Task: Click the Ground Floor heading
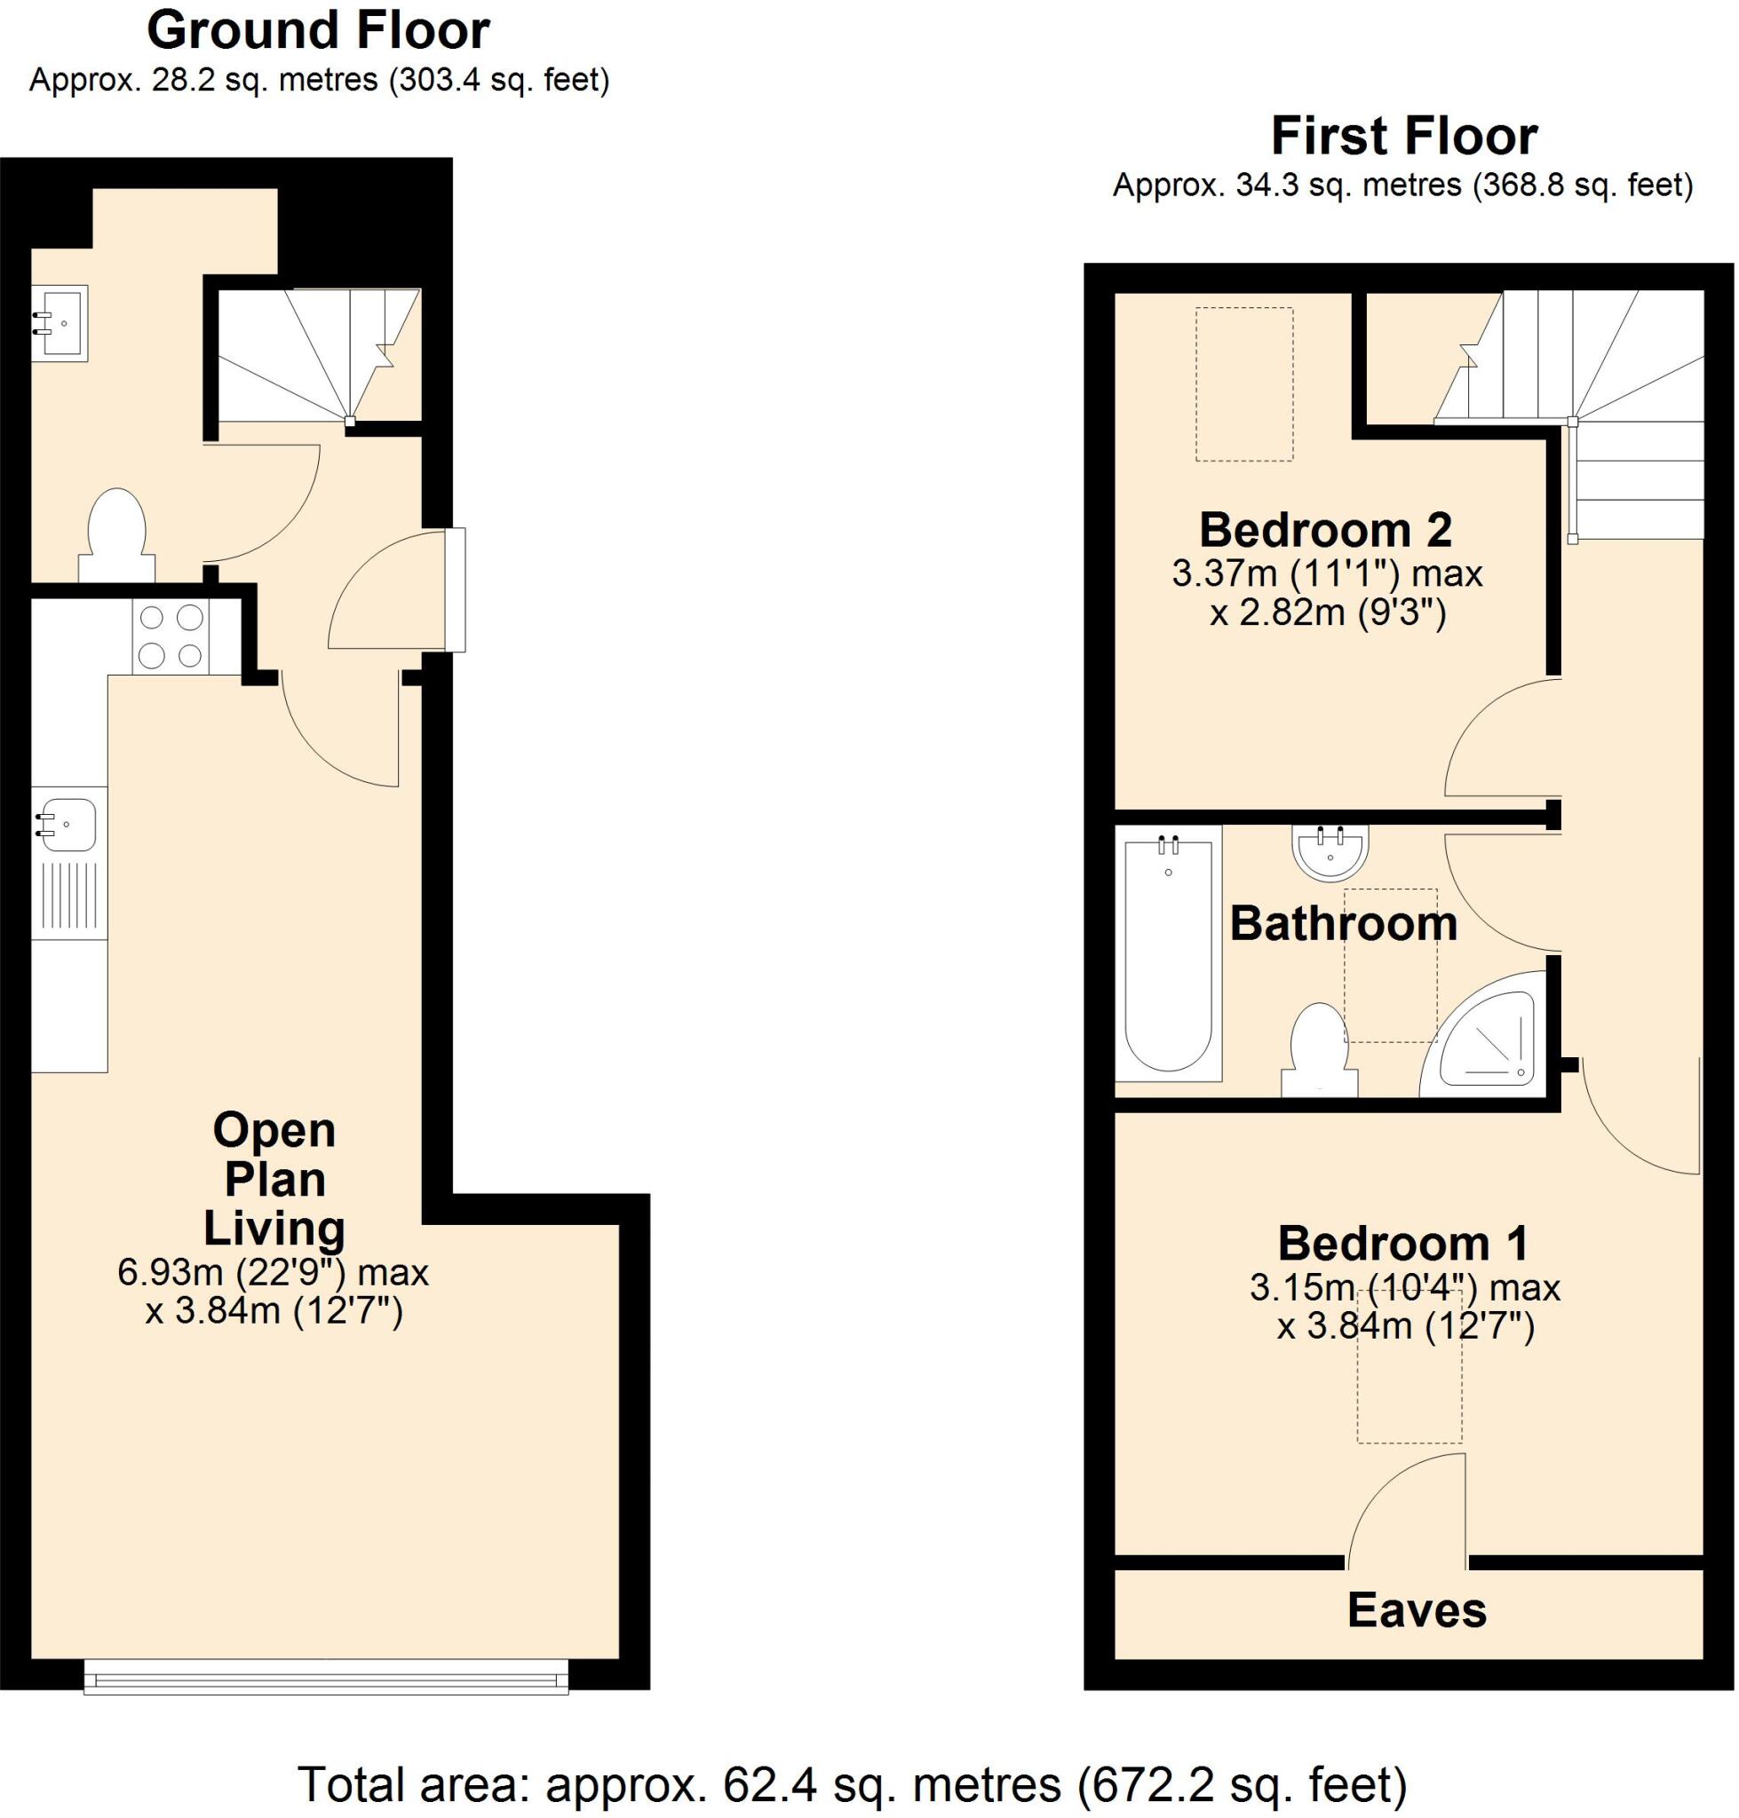tap(318, 30)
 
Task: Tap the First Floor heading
tap(1403, 136)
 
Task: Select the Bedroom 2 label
tap(1326, 530)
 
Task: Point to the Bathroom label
tap(1343, 924)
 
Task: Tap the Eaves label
tap(1417, 1609)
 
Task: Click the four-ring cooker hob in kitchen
tap(171, 636)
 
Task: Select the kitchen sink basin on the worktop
tap(67, 824)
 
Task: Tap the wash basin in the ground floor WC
tap(60, 323)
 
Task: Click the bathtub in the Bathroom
tap(1168, 954)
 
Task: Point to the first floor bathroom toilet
tap(1318, 1052)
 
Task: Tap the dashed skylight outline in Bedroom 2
tap(1243, 383)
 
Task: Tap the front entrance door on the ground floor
tap(453, 589)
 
